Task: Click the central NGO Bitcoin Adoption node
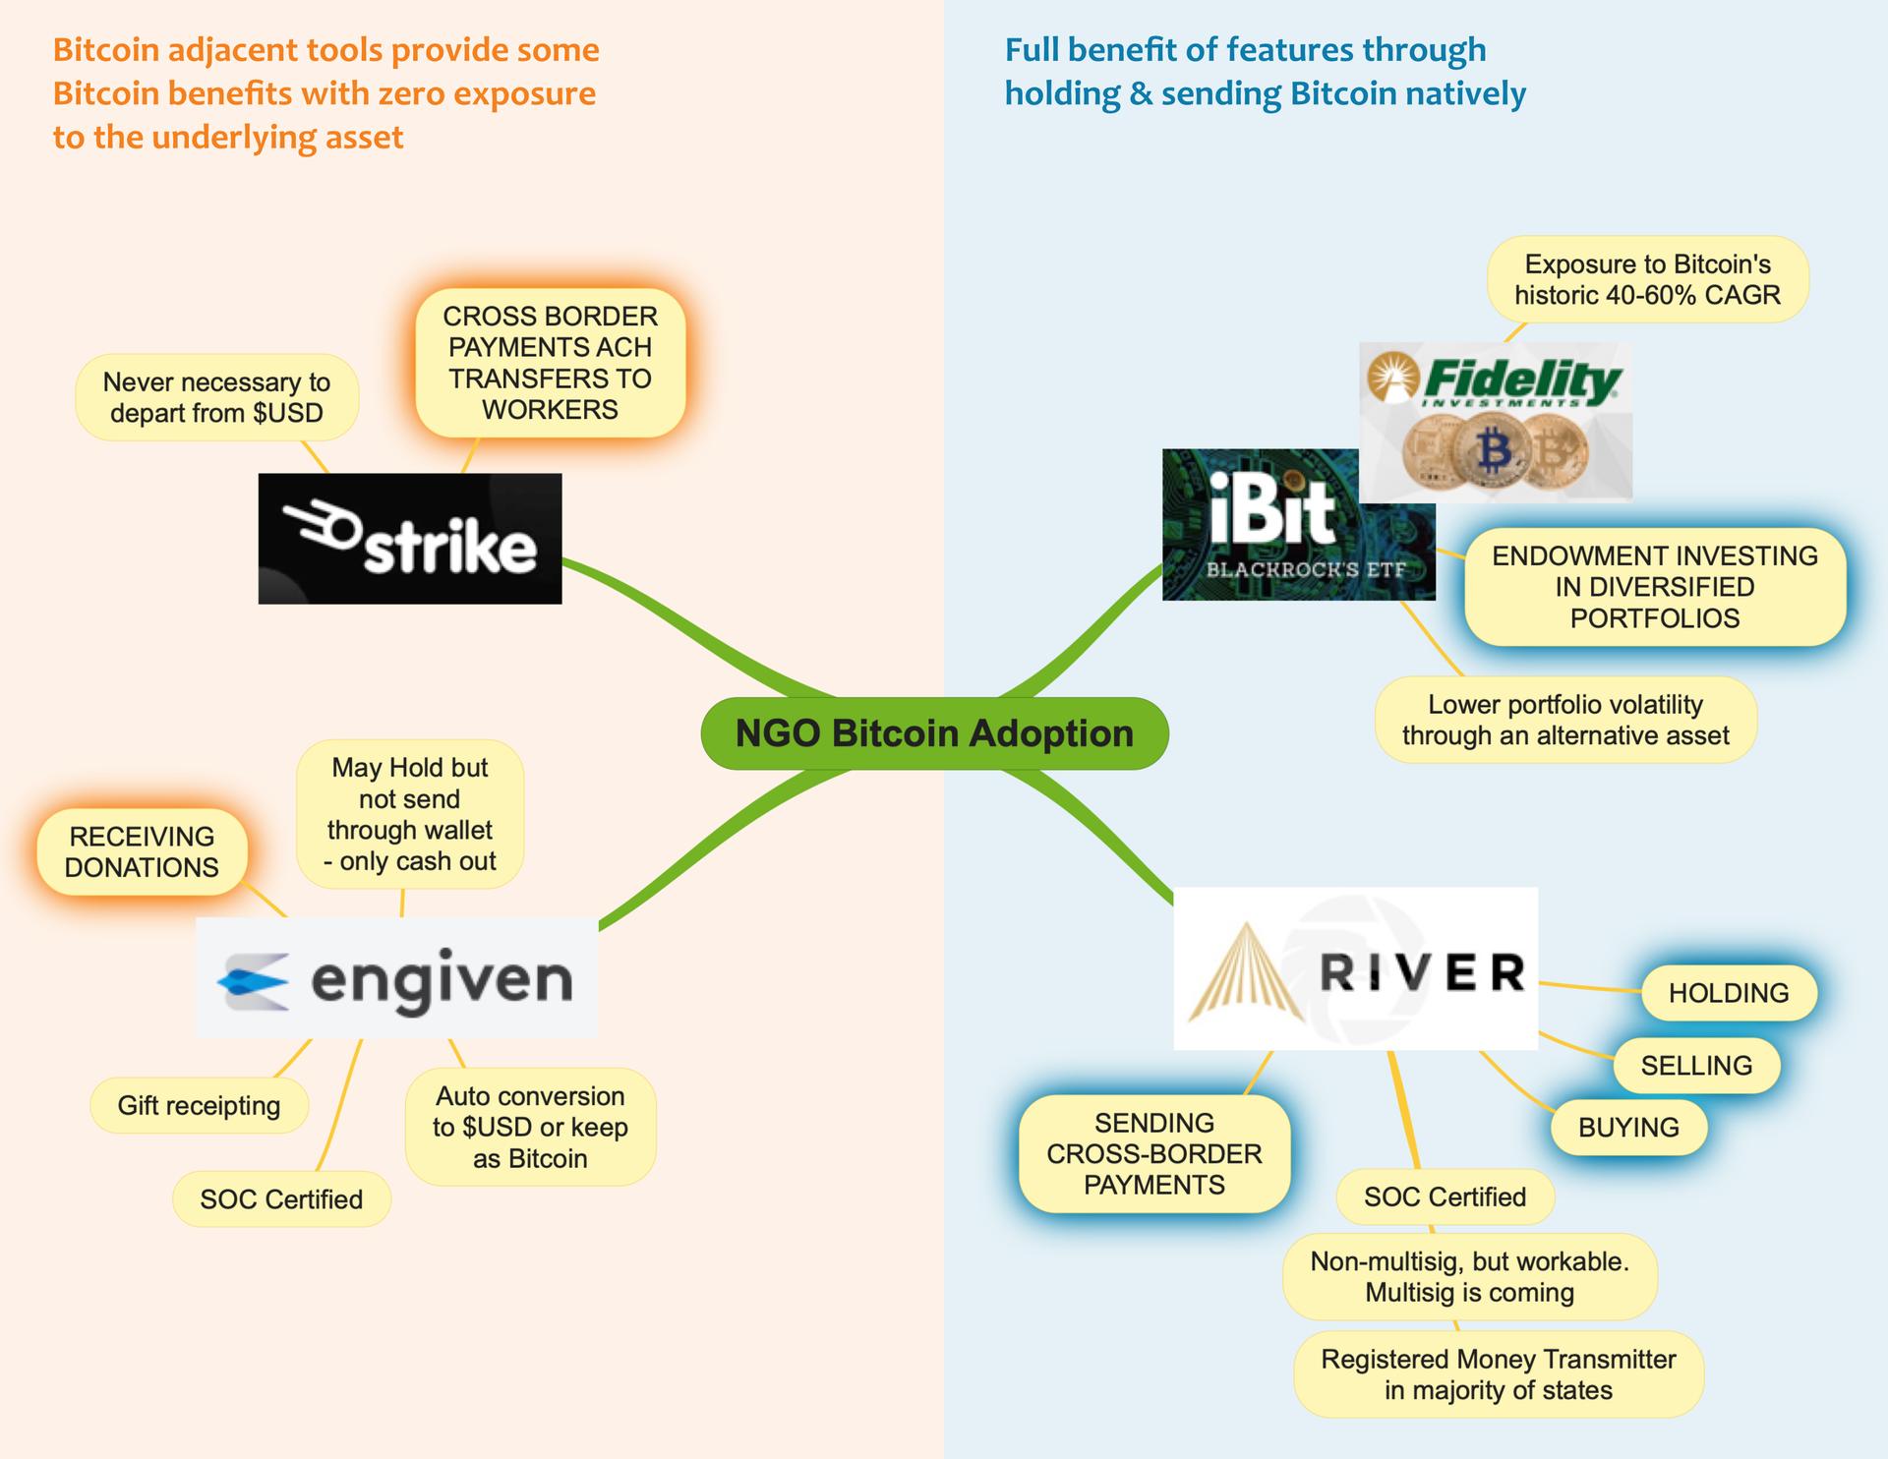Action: pos(934,733)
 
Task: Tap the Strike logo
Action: pos(410,539)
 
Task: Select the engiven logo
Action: pos(396,978)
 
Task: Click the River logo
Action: pos(1355,968)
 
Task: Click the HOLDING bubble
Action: pos(1729,993)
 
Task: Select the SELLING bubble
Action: pos(1696,1066)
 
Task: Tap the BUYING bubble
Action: pos(1628,1128)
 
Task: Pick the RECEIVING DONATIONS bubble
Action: pos(142,852)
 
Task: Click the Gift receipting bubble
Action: pos(199,1106)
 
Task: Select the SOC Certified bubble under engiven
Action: pos(281,1199)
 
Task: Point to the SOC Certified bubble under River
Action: pos(1445,1197)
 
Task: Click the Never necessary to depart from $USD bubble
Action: pos(216,397)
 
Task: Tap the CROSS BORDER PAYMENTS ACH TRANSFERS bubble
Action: pos(550,363)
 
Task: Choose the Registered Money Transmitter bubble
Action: pos(1498,1374)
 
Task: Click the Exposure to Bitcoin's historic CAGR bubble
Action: pos(1647,279)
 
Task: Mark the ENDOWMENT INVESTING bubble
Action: pos(1654,587)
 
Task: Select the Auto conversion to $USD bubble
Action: pos(530,1127)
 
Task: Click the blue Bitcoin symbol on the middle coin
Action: pos(1495,451)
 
